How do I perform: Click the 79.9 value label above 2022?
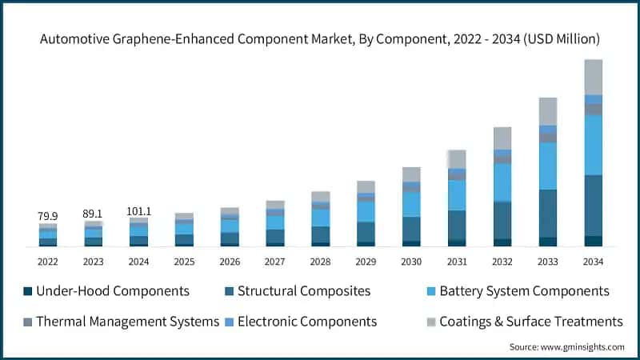click(48, 216)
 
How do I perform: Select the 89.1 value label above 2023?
click(94, 214)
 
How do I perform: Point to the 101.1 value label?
click(139, 211)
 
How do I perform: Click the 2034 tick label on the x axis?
click(593, 262)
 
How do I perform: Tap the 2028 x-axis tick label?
click(320, 262)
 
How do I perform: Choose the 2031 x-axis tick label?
click(457, 262)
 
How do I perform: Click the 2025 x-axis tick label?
click(184, 262)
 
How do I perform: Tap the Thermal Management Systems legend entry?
click(130, 322)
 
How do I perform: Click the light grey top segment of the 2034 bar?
click(593, 77)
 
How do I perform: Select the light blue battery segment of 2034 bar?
click(593, 145)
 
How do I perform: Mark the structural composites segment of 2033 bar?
click(547, 213)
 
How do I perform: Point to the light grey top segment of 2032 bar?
click(502, 138)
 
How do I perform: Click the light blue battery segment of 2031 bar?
click(457, 195)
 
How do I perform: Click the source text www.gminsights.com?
click(583, 347)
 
